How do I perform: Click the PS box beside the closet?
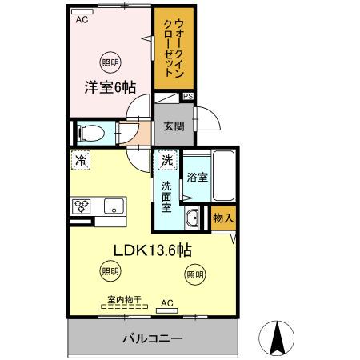(188, 97)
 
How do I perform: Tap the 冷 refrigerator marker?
(81, 160)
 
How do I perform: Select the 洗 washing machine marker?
(166, 160)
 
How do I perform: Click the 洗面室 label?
(166, 195)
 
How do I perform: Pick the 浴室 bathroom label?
(196, 177)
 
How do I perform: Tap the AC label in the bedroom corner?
(82, 21)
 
